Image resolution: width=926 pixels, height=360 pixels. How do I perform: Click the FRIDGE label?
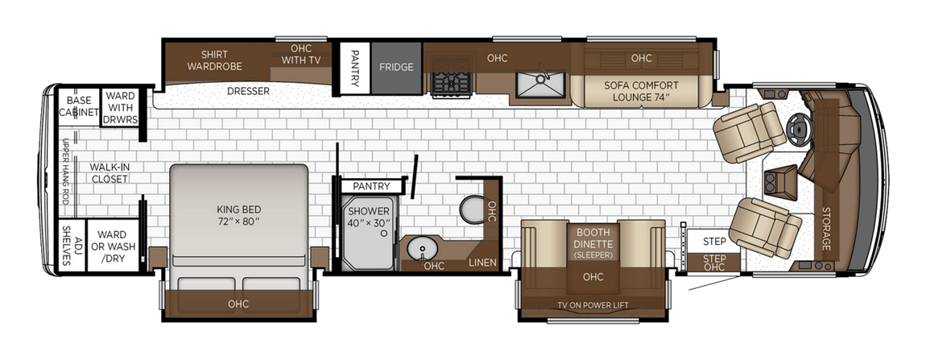click(x=396, y=67)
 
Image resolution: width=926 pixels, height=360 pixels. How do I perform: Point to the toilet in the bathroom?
click(x=472, y=209)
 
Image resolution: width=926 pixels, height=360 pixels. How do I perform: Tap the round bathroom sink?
click(x=419, y=248)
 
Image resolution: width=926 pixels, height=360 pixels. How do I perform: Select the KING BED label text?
click(x=238, y=214)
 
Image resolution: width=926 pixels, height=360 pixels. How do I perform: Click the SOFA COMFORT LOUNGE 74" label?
click(x=641, y=92)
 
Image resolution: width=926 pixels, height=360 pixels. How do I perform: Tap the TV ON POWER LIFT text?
click(x=593, y=305)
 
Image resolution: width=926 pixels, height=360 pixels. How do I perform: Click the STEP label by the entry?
click(x=714, y=241)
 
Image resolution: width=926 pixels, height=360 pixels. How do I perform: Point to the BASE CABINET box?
click(x=79, y=106)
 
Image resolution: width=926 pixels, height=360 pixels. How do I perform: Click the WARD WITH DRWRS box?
click(x=120, y=107)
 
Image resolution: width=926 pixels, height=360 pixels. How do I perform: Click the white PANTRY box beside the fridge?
click(x=355, y=67)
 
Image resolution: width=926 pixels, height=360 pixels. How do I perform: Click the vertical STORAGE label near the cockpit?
click(x=825, y=227)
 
